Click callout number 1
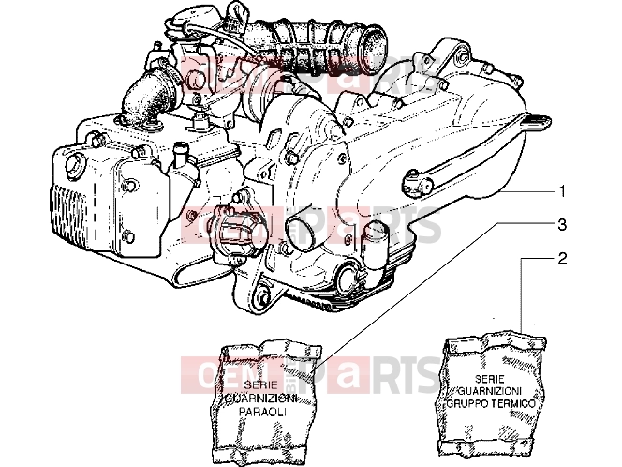pos(562,192)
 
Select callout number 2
pos(562,258)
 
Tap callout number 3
pos(562,225)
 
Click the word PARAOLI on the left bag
pos(262,413)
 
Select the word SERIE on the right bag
pos(490,379)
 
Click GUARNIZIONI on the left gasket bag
pos(261,399)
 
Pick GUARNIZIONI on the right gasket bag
pos(491,391)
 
